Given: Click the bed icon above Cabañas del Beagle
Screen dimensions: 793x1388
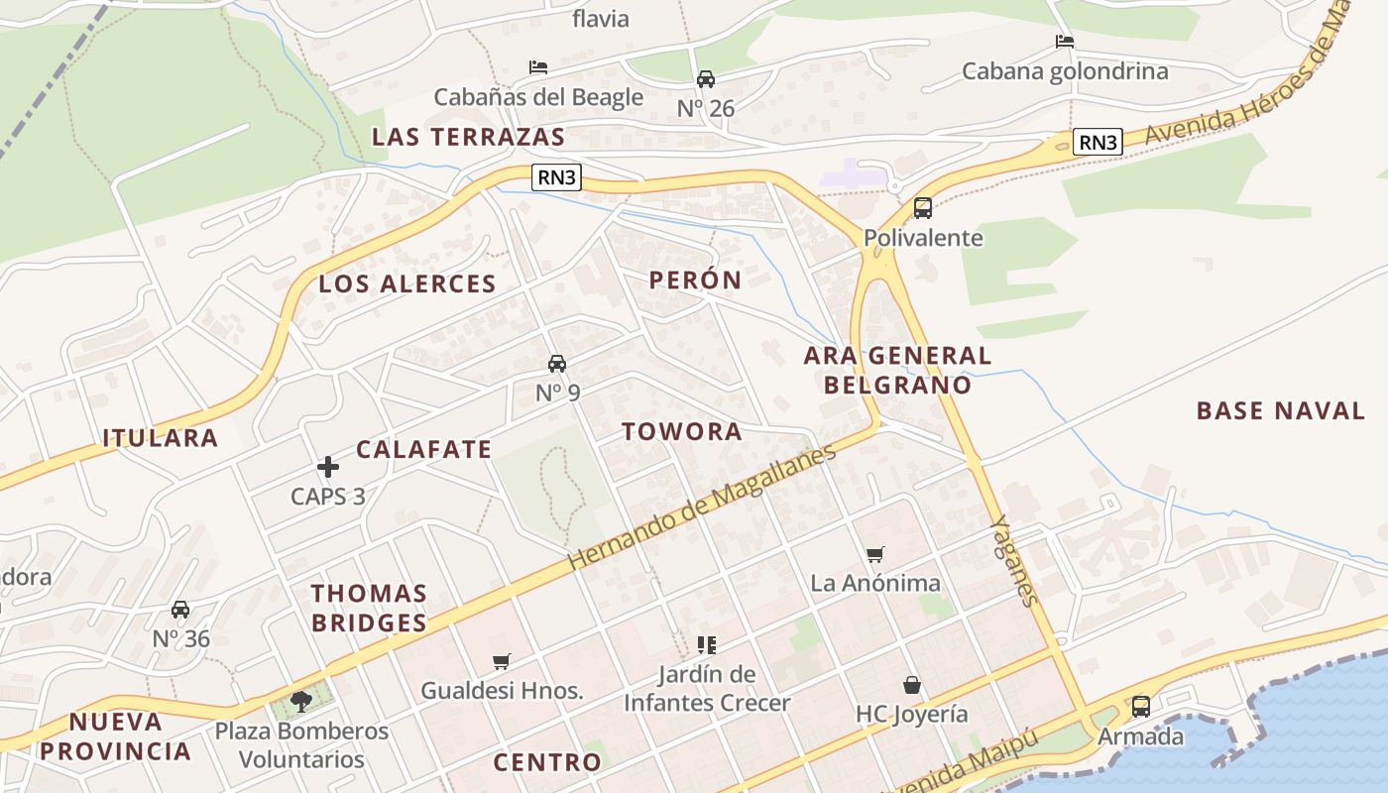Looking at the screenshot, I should click(x=538, y=67).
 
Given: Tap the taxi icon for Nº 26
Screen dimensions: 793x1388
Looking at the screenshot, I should click(x=706, y=79).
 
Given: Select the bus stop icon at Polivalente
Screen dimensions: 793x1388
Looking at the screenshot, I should click(x=923, y=208).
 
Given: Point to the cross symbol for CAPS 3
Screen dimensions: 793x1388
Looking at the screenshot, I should click(x=328, y=467).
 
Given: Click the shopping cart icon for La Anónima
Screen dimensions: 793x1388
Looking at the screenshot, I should click(x=874, y=554).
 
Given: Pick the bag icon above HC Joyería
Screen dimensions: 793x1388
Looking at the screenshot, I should click(x=911, y=685).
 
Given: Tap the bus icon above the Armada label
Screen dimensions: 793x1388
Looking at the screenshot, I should click(x=1141, y=707).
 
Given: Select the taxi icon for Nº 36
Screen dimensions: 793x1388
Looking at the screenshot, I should click(x=180, y=610).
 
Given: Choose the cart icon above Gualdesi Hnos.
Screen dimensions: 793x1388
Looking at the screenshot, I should click(x=502, y=661).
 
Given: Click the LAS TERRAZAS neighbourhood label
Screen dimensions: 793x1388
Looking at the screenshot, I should click(x=468, y=137).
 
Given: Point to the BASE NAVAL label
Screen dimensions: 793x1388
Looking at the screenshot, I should click(x=1281, y=410).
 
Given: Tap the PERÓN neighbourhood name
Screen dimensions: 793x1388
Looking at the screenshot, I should click(x=695, y=280).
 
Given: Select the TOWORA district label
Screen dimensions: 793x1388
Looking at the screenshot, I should click(x=682, y=431).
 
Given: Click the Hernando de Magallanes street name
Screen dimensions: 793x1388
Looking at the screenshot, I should click(x=702, y=508).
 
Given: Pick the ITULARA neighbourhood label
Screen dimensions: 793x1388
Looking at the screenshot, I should click(x=161, y=438).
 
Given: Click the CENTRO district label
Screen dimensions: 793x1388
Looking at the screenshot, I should click(x=547, y=762).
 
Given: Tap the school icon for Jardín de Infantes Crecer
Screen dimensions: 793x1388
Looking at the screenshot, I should click(x=706, y=645).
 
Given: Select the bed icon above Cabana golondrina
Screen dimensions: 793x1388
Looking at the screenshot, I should click(x=1065, y=42).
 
